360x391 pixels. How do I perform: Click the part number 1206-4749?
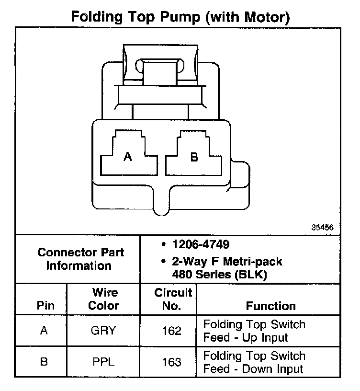(201, 245)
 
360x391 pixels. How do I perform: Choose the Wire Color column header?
(103, 299)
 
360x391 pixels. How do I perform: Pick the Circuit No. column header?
(172, 299)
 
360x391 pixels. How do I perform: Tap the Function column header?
(270, 305)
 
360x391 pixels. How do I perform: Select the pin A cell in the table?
(44, 331)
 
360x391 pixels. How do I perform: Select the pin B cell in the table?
(44, 362)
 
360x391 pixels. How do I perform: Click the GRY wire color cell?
(103, 331)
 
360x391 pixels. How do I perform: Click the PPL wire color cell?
(103, 362)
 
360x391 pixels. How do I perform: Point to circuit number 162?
(172, 331)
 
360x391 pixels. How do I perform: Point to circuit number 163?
(172, 362)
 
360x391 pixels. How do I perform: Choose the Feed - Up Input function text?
(246, 337)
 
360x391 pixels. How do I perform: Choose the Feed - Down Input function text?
(253, 368)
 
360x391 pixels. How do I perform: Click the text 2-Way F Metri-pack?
(227, 262)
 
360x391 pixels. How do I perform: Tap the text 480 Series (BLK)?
(219, 275)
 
